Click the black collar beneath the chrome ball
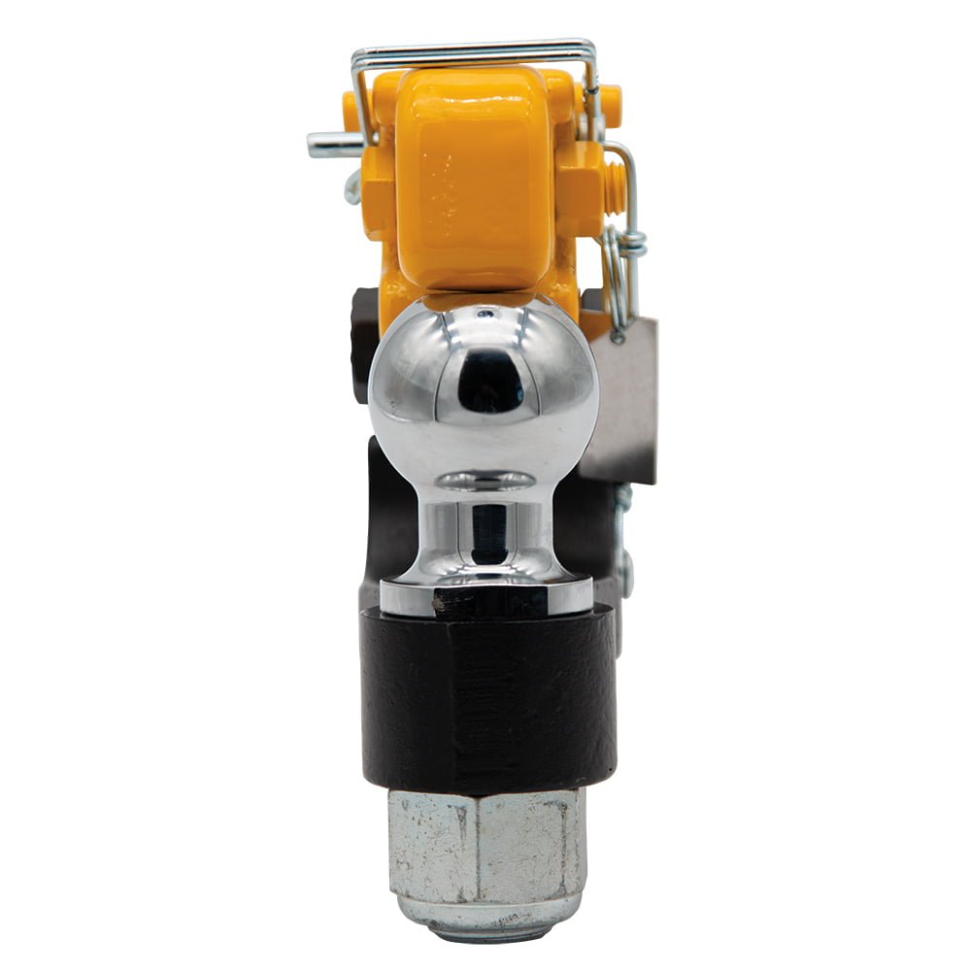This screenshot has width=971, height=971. [487, 694]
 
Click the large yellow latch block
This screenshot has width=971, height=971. [473, 180]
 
